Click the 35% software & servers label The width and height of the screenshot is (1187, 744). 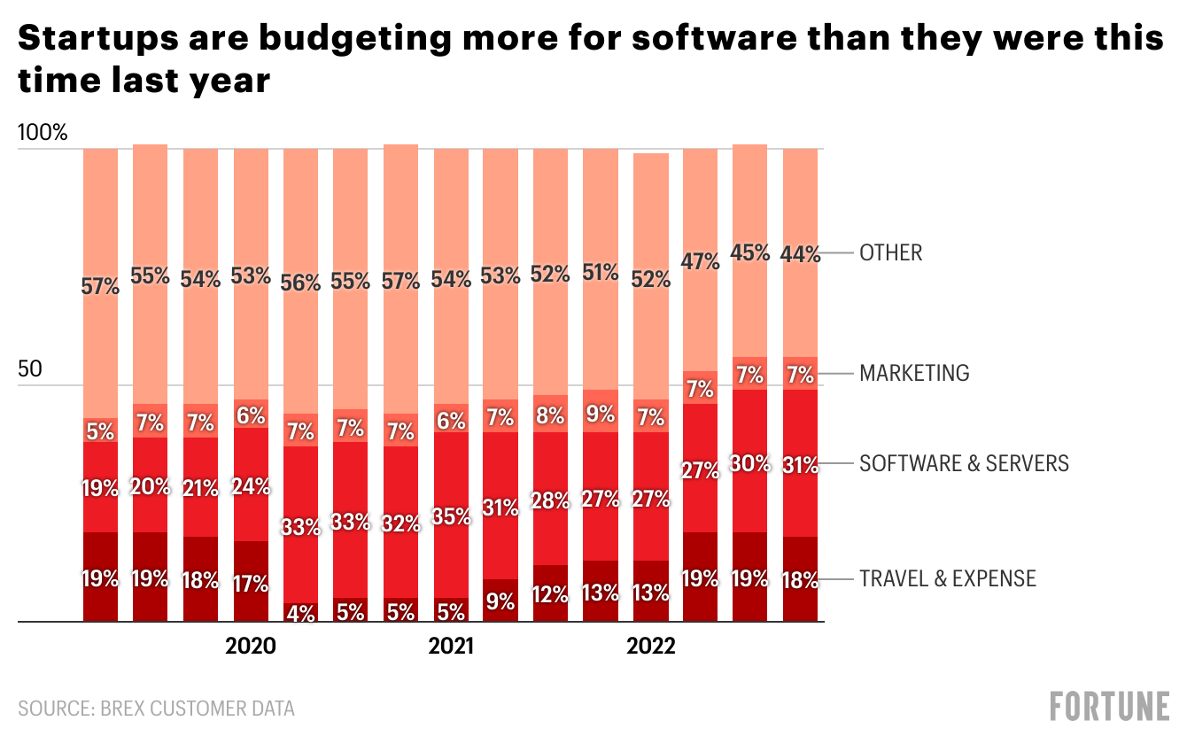click(451, 516)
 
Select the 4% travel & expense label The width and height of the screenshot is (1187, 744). click(301, 612)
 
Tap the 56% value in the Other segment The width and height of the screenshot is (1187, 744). click(301, 283)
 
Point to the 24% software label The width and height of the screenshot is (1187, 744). click(251, 486)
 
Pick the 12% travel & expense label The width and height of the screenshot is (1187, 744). click(551, 594)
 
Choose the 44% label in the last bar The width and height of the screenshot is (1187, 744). click(801, 254)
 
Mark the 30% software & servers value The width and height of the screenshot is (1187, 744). click(751, 463)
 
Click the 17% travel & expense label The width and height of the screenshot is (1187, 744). click(251, 584)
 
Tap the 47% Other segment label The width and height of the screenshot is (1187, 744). click(701, 262)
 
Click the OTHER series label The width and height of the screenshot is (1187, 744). click(890, 253)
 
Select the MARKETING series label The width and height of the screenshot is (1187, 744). click(914, 373)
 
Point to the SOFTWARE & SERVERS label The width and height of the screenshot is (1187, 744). click(964, 463)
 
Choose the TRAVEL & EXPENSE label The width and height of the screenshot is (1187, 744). click(947, 579)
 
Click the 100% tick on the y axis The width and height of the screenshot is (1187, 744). click(43, 134)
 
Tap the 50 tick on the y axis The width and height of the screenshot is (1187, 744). click(30, 369)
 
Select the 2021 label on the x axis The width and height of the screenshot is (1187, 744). click(451, 646)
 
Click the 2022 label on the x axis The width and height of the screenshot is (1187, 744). click(651, 646)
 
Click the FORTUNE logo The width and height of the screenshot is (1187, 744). click(1110, 707)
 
